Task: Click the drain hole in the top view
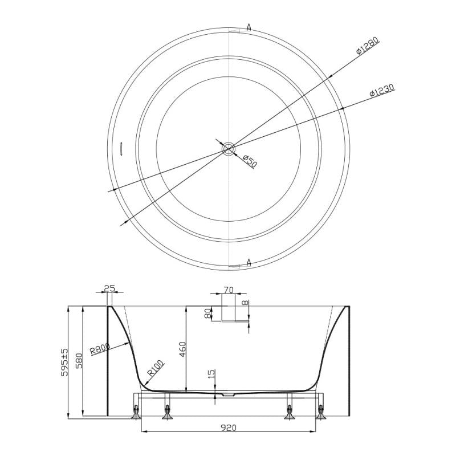point(228,149)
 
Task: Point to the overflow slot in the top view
point(121,148)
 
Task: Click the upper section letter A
point(249,26)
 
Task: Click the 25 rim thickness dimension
point(109,289)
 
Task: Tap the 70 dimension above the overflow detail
point(228,290)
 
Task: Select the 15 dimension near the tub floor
point(211,374)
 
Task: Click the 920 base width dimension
point(228,427)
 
